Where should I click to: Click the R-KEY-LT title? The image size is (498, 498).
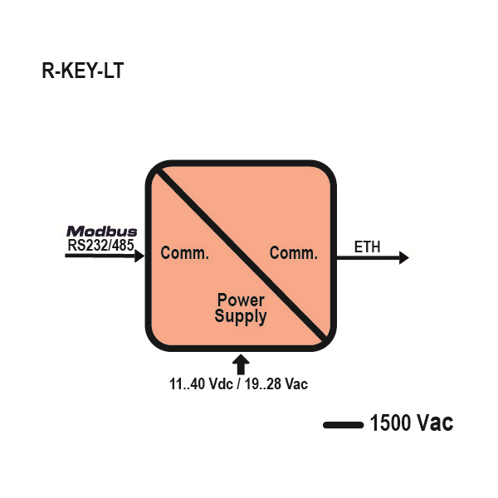(82, 71)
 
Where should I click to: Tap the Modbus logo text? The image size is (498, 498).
(102, 232)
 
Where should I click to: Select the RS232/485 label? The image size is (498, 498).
(102, 245)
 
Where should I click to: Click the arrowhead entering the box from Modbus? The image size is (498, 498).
(139, 257)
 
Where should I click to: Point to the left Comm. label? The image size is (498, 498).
(185, 253)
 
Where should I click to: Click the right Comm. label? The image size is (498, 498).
(294, 253)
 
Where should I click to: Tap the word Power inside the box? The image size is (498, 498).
(241, 300)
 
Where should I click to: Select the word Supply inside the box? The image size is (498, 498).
(241, 316)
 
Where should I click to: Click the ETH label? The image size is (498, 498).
(368, 247)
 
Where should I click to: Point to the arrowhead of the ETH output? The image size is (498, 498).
(403, 257)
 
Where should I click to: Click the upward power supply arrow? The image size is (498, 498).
(241, 364)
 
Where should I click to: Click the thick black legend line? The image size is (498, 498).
(343, 425)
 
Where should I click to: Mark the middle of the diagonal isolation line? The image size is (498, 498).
(241, 255)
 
